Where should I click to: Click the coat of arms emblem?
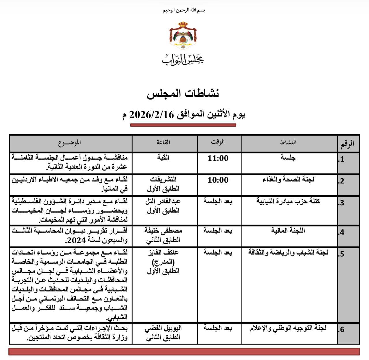point(183,35)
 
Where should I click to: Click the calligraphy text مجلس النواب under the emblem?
point(183,59)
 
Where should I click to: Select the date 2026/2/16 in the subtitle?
point(152,115)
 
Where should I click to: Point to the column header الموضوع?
point(69,142)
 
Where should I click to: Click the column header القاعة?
point(163,142)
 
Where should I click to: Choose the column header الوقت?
point(218,142)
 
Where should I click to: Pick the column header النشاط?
point(288,142)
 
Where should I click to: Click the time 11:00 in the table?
point(218,158)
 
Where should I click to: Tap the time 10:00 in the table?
point(218,180)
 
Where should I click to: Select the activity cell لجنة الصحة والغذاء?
point(288,179)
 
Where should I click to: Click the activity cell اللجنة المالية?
point(288,230)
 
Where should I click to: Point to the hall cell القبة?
point(163,157)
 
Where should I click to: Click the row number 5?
point(342,254)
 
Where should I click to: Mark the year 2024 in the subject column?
point(76,240)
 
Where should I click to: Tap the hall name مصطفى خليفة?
point(163,230)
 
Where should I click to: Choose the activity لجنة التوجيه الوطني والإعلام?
point(288,328)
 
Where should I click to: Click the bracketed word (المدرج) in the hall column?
point(163,262)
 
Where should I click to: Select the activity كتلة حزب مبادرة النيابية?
point(288,201)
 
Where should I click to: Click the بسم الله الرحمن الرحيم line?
point(184,10)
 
